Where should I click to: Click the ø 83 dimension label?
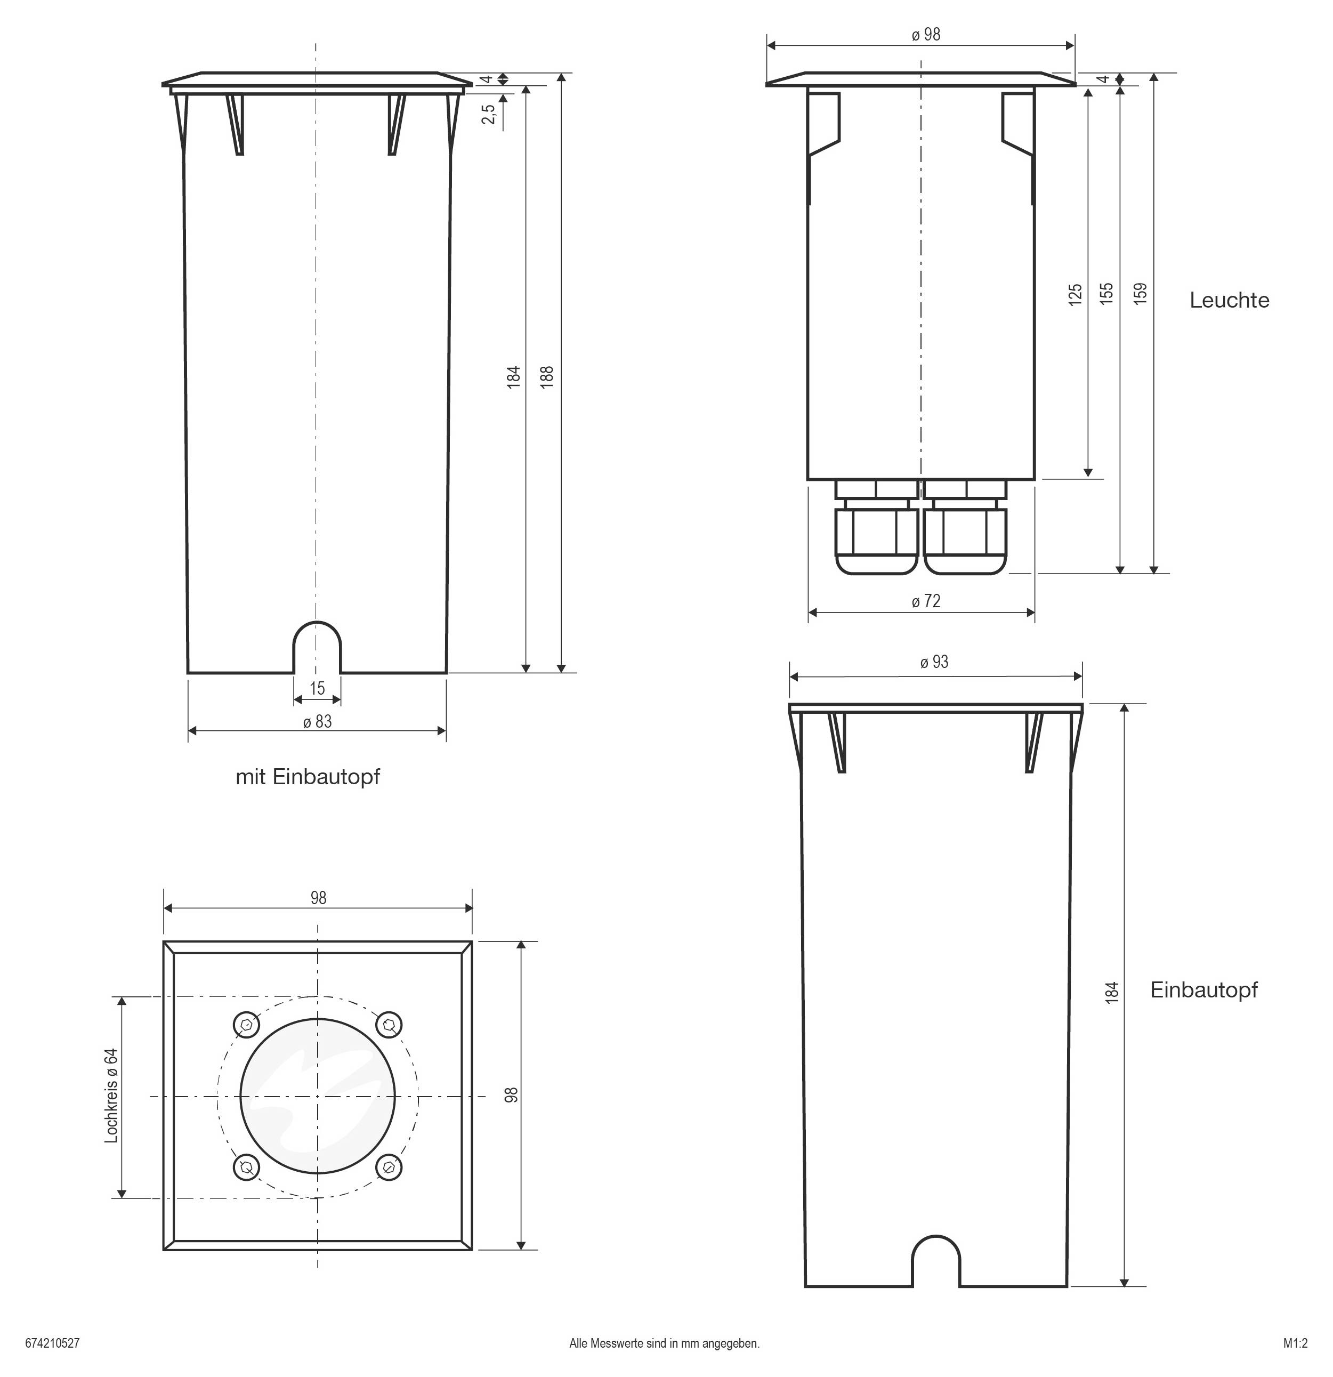(x=318, y=721)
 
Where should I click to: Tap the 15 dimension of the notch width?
(x=318, y=689)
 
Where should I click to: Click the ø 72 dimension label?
(x=926, y=601)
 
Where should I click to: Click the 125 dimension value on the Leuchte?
(x=1075, y=294)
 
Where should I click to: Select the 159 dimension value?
(x=1141, y=292)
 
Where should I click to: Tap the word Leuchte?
(x=1229, y=301)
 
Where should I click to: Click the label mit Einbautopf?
(x=308, y=777)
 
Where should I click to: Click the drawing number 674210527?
(x=53, y=1343)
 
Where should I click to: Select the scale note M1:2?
(x=1296, y=1343)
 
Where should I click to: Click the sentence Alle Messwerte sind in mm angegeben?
(x=665, y=1343)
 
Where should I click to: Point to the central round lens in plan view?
(x=318, y=1096)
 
